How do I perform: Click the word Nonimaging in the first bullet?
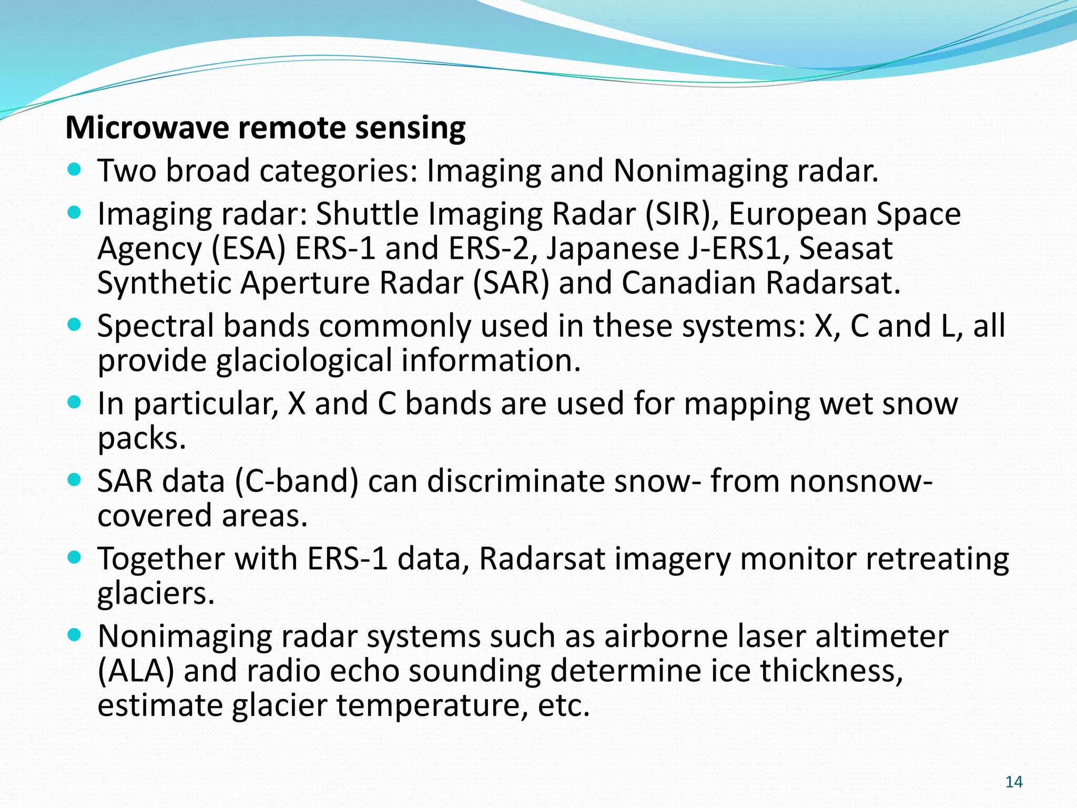point(700,171)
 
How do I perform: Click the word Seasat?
point(846,249)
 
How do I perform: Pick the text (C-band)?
point(296,481)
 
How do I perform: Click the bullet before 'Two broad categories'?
point(75,170)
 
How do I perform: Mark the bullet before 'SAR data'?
point(75,480)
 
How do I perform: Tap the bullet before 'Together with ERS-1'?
point(75,557)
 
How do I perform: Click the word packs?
point(141,439)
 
